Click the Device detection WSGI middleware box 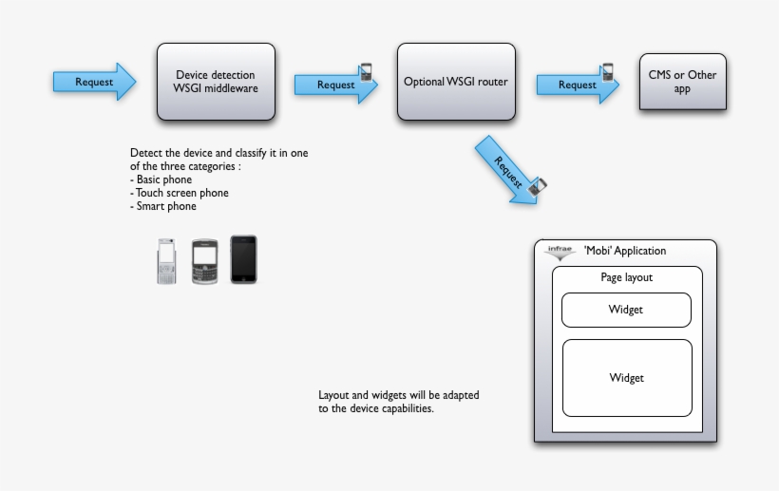pos(216,82)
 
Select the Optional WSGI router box pos(456,82)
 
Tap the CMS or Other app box pos(682,82)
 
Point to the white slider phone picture pos(167,260)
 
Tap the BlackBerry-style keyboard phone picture pos(205,261)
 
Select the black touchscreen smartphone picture pos(243,259)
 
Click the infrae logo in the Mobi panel pos(560,252)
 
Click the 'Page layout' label pos(626,277)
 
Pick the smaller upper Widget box pos(626,310)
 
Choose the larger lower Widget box pos(626,377)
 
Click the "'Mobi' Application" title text pos(625,251)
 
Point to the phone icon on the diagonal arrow pos(538,186)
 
